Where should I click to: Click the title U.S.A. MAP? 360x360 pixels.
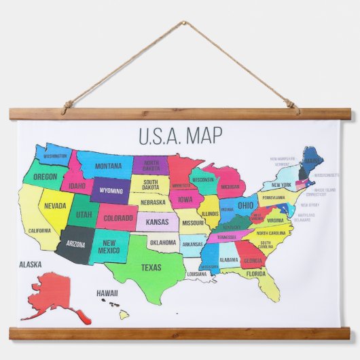(180, 136)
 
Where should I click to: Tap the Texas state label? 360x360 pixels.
(151, 267)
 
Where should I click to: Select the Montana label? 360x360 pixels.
(108, 166)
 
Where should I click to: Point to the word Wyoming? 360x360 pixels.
(111, 191)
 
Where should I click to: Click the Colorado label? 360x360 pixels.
(118, 218)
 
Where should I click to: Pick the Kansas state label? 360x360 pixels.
(157, 222)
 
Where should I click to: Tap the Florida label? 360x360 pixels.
(256, 274)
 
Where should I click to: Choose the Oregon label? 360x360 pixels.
(46, 177)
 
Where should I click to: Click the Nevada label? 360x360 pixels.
(55, 206)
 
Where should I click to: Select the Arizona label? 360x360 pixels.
(75, 243)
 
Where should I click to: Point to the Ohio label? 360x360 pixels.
(245, 205)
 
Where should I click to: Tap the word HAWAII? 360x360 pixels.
(107, 293)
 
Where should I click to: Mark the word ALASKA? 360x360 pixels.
(30, 264)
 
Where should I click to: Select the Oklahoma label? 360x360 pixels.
(163, 242)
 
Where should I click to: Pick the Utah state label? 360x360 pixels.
(83, 215)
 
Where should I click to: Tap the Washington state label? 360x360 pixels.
(55, 156)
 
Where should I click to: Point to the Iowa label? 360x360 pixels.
(185, 200)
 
